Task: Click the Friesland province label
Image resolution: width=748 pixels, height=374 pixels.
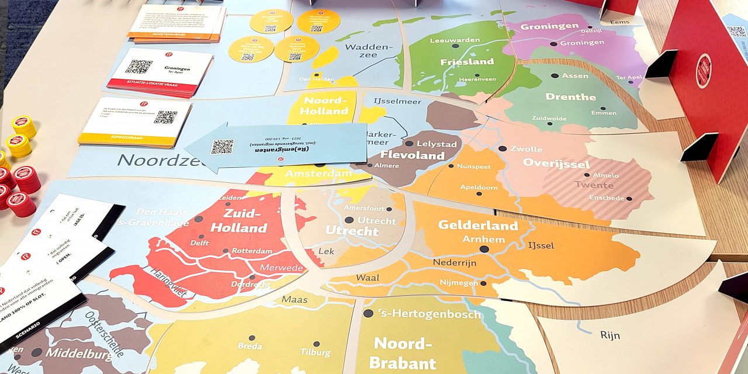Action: [467, 61]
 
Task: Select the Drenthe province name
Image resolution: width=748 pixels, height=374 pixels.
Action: [570, 96]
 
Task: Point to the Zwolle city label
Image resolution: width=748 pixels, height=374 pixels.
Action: [526, 149]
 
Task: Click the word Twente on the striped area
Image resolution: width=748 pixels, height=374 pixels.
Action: [590, 185]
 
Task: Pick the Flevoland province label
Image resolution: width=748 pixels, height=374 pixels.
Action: [413, 155]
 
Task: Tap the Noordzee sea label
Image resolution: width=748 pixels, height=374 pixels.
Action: [155, 159]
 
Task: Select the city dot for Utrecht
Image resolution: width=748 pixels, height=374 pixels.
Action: [349, 220]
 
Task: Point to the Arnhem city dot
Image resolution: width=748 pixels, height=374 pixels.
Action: [484, 249]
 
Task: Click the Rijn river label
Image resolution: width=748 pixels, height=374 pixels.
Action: [610, 335]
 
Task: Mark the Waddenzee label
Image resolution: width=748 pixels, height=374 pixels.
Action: [366, 50]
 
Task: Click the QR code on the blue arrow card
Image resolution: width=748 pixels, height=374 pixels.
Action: [222, 147]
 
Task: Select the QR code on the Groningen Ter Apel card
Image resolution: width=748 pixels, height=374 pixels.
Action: [138, 66]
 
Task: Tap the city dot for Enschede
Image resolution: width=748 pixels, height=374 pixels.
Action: [629, 199]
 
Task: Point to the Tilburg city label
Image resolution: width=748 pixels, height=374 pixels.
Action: [315, 353]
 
